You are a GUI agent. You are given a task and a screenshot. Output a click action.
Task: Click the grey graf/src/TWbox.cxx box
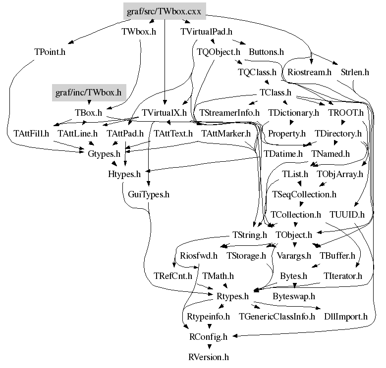[165, 11]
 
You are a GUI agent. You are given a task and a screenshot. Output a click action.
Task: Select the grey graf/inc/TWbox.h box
[89, 92]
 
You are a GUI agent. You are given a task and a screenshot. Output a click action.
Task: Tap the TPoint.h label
[50, 52]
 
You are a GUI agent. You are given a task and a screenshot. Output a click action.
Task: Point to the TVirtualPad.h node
[206, 32]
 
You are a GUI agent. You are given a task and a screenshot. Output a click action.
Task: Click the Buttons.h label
[267, 52]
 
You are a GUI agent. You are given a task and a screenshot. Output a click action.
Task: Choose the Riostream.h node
[309, 72]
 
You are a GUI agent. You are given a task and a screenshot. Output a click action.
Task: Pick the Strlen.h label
[355, 72]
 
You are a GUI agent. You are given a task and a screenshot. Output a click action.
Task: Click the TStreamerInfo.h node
[229, 113]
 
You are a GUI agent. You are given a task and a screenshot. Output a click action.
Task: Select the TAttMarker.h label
[226, 134]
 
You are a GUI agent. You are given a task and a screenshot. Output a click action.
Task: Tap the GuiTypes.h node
[149, 194]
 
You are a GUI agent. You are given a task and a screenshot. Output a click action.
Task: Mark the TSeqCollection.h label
[304, 194]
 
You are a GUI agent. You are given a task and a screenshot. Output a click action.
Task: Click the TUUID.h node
[347, 215]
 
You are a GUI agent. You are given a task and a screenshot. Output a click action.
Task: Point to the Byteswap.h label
[294, 296]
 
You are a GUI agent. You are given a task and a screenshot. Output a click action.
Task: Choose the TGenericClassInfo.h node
[277, 317]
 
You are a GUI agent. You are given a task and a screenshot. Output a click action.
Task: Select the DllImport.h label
[346, 317]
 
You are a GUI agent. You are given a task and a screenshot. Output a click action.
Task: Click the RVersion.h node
[209, 357]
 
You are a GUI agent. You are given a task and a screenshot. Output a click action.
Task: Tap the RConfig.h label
[208, 337]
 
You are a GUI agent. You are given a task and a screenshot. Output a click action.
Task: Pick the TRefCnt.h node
[173, 276]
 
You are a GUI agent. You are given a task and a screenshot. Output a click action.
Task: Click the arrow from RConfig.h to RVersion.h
[209, 346]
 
